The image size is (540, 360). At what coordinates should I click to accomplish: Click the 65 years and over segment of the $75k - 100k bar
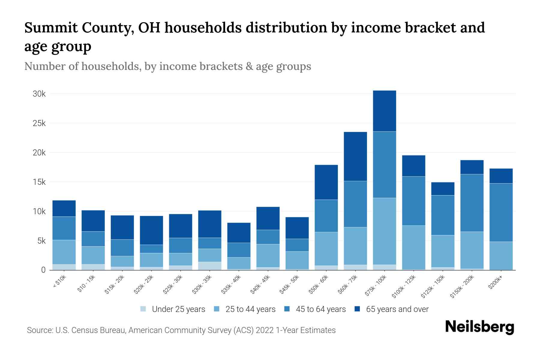click(x=384, y=111)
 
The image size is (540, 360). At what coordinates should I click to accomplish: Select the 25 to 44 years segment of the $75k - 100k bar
click(x=384, y=231)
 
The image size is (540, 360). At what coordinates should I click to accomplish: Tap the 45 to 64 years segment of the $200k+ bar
click(x=501, y=212)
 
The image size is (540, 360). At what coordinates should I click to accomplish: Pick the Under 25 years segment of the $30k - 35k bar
click(x=210, y=266)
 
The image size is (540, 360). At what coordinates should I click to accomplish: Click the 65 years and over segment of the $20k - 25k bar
click(x=151, y=230)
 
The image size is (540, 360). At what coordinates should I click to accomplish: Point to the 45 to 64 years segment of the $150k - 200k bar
click(x=472, y=203)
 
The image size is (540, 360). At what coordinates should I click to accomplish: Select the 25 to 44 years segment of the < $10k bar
click(x=64, y=252)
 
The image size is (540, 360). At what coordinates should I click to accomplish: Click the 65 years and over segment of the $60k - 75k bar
click(x=355, y=156)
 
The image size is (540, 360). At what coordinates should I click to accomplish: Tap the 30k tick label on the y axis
click(x=39, y=94)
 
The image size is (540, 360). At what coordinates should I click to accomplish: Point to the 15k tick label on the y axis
click(x=39, y=182)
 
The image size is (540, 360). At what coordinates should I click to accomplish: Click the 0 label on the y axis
click(x=43, y=270)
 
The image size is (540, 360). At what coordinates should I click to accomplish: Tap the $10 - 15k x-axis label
click(x=86, y=284)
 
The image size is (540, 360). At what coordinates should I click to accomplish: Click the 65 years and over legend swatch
click(x=357, y=309)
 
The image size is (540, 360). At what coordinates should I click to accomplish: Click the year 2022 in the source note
click(x=265, y=330)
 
